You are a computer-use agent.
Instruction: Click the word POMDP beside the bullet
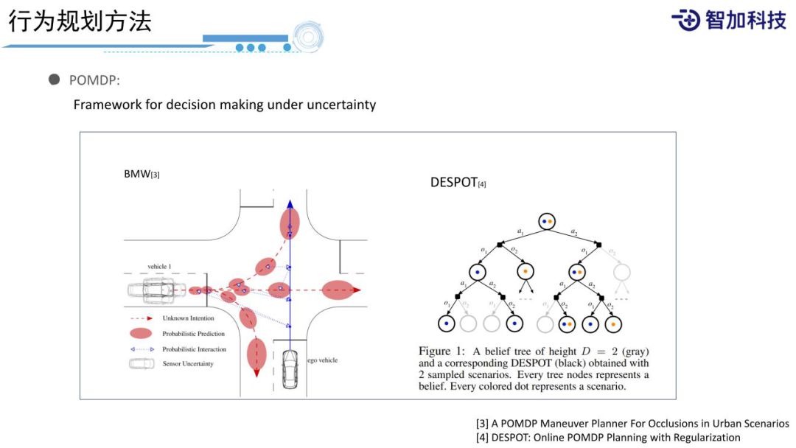pyautogui.click(x=94, y=80)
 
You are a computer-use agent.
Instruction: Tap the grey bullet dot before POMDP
pyautogui.click(x=54, y=80)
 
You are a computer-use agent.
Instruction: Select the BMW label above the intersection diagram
pyautogui.click(x=142, y=174)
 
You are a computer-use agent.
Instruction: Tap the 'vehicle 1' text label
pyautogui.click(x=158, y=266)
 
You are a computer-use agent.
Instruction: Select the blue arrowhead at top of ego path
pyautogui.click(x=290, y=204)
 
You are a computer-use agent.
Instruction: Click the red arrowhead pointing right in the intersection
pyautogui.click(x=357, y=290)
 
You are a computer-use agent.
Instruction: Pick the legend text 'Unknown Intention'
pyautogui.click(x=188, y=318)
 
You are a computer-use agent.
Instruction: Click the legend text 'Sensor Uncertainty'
pyautogui.click(x=188, y=364)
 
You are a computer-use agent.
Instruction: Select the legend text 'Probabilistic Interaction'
pyautogui.click(x=194, y=349)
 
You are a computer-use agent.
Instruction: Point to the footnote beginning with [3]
pyautogui.click(x=632, y=424)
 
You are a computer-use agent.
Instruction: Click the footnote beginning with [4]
pyautogui.click(x=608, y=438)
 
